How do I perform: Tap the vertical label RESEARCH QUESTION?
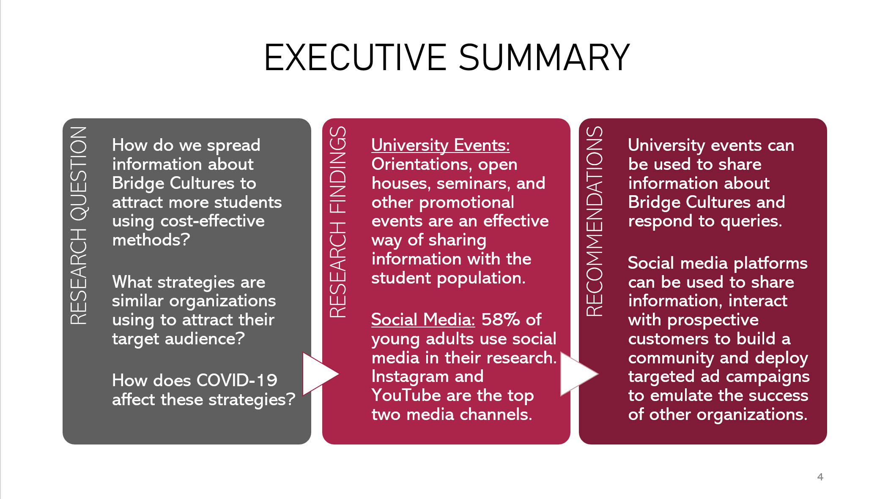pos(79,225)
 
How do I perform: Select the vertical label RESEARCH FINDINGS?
pos(338,222)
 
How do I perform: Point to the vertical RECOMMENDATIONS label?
pos(595,221)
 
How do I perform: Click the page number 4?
pos(820,477)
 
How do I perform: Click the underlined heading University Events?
pos(441,145)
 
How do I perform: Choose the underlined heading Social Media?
pos(423,319)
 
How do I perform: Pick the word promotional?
pos(466,203)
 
